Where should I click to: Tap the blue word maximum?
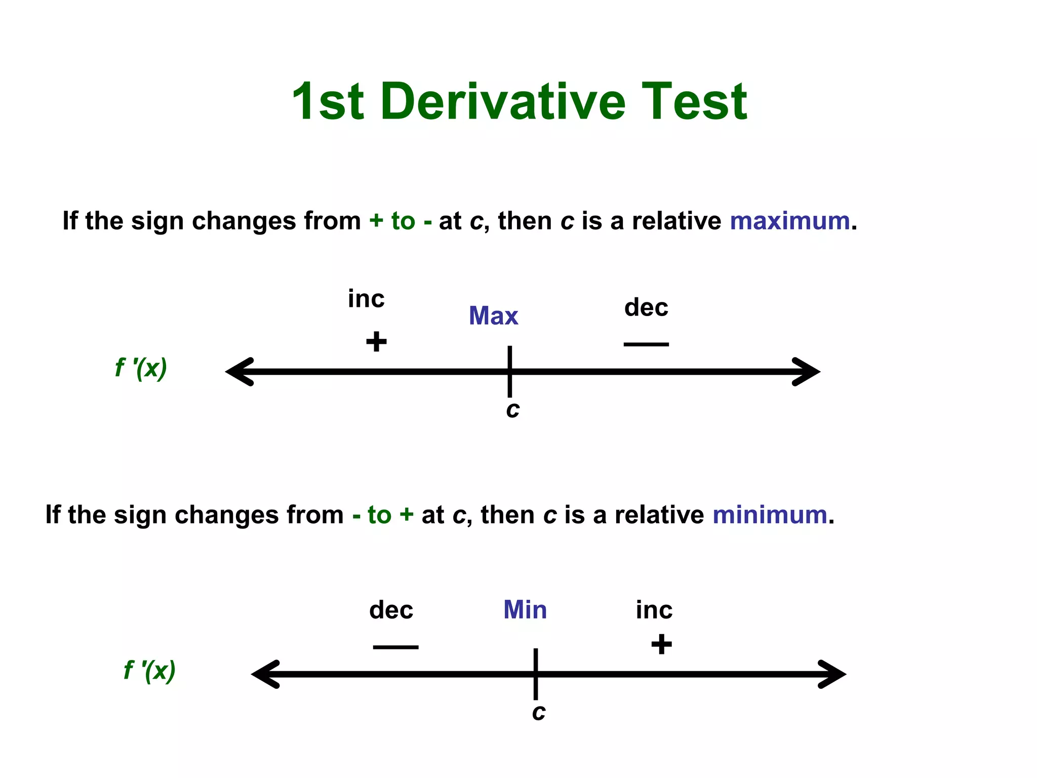tap(789, 221)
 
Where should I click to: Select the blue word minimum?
tap(770, 515)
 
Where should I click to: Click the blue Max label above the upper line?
tap(493, 316)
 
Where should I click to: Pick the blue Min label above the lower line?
tap(525, 609)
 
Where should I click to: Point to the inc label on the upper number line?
tap(366, 299)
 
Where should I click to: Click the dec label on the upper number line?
tap(646, 307)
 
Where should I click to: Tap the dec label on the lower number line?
tap(391, 610)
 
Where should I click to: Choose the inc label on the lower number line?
tap(654, 610)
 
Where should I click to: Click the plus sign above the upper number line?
tap(376, 341)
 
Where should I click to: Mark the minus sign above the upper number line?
tap(646, 344)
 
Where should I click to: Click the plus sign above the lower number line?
tap(661, 644)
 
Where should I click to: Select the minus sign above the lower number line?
tap(395, 647)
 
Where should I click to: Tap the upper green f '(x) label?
tap(141, 368)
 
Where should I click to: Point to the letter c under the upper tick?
tap(513, 410)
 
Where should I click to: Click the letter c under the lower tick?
tap(539, 712)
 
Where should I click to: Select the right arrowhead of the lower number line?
tap(831, 674)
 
